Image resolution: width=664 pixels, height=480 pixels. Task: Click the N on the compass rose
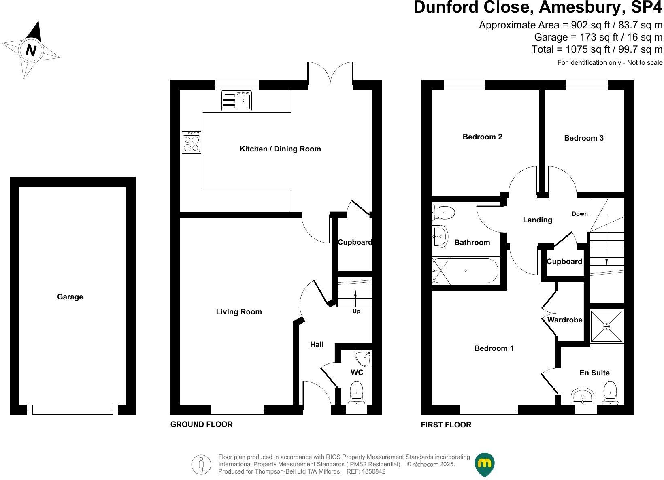point(31,50)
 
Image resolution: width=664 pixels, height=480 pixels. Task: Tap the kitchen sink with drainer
point(237,100)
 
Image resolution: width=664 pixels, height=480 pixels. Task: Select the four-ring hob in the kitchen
point(192,142)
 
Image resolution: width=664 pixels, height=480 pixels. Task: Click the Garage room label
point(70,297)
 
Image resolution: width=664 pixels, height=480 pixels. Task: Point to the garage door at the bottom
point(72,410)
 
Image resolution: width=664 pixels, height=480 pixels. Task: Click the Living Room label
point(239,312)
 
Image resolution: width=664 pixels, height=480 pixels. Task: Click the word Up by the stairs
point(356,311)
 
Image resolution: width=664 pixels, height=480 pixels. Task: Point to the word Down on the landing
point(580,214)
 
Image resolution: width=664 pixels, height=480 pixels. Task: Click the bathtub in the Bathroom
point(466,271)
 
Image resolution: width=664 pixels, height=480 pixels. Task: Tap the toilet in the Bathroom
point(444,211)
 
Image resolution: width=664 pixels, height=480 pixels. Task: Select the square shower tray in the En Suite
point(607,326)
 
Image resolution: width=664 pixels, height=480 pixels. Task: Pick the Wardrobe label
point(565,320)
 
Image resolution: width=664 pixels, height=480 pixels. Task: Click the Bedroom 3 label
point(584,138)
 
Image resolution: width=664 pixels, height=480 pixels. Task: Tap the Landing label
point(538,220)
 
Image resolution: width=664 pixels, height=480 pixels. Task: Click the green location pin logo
point(485,464)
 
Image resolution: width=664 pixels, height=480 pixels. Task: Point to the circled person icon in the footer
point(201,464)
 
